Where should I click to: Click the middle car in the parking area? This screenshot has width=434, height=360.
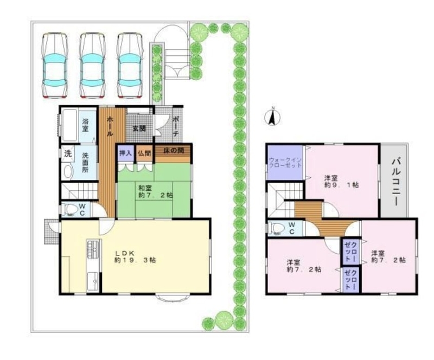[92, 66]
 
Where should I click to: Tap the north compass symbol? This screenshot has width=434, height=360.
[273, 117]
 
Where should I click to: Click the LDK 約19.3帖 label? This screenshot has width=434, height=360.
[135, 256]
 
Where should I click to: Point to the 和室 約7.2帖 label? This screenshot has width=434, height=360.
[156, 191]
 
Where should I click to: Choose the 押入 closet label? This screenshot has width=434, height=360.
[125, 153]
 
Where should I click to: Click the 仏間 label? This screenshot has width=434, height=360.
[144, 153]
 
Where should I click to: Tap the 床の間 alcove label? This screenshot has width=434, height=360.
[174, 151]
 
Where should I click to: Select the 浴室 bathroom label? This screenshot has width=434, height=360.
[85, 125]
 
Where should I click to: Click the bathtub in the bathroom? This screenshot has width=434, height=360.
[69, 125]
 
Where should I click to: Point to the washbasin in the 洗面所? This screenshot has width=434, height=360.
[68, 171]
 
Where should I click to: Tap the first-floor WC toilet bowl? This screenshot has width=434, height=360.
[69, 209]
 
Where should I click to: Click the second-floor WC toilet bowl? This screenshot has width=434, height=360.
[277, 228]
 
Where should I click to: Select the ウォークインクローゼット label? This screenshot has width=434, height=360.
[285, 163]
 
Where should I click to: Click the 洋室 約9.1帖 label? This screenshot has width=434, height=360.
[342, 181]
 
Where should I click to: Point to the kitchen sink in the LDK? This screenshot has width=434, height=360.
[93, 281]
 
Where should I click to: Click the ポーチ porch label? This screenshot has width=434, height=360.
[176, 126]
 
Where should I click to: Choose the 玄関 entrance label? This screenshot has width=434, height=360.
[139, 128]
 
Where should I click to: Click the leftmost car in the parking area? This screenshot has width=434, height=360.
[55, 66]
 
